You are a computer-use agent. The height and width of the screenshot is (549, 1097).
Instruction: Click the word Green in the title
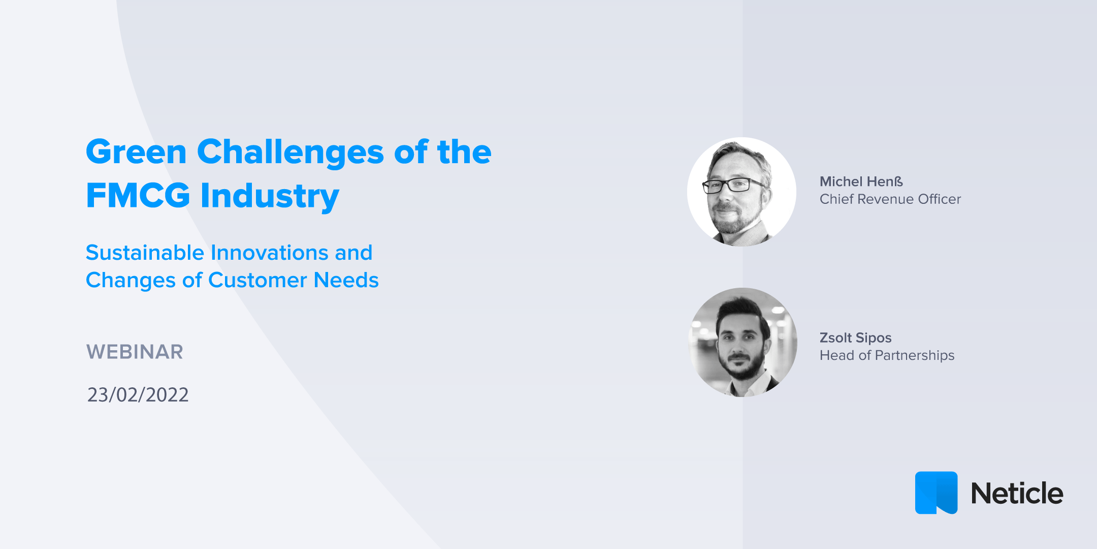pos(136,152)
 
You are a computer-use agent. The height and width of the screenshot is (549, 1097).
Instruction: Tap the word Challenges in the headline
pos(290,152)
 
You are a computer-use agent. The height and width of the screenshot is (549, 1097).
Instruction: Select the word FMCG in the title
pos(138,195)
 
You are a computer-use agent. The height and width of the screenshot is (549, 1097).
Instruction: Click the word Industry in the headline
pos(270,196)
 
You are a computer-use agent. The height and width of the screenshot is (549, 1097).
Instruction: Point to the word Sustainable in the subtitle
pos(145,253)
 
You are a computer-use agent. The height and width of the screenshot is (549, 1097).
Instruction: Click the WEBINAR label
pos(135,352)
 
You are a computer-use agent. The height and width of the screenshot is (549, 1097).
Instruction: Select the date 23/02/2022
pos(138,395)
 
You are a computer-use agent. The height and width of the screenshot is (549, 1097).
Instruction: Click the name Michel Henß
pos(861,181)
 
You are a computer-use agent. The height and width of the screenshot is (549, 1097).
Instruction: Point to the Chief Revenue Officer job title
pos(890,199)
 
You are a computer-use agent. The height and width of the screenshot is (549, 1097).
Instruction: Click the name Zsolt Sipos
pos(855,338)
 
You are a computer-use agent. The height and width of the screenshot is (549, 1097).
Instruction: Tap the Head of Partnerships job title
pos(887,355)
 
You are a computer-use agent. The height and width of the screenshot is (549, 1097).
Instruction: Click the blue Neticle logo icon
pos(936,493)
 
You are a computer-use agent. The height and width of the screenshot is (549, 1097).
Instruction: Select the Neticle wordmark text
pos(1017,494)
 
